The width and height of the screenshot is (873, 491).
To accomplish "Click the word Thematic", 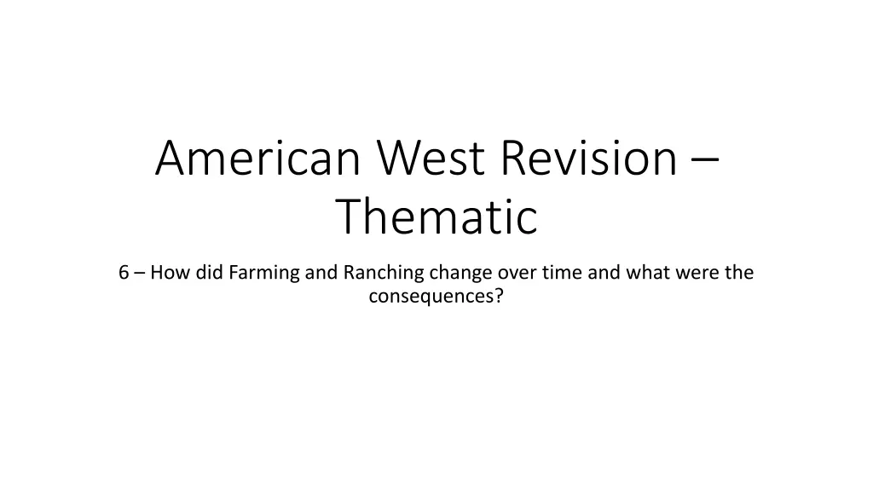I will [436, 217].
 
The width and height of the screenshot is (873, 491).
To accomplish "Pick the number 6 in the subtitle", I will [124, 273].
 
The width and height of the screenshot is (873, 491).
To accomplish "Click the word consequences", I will [431, 297].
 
